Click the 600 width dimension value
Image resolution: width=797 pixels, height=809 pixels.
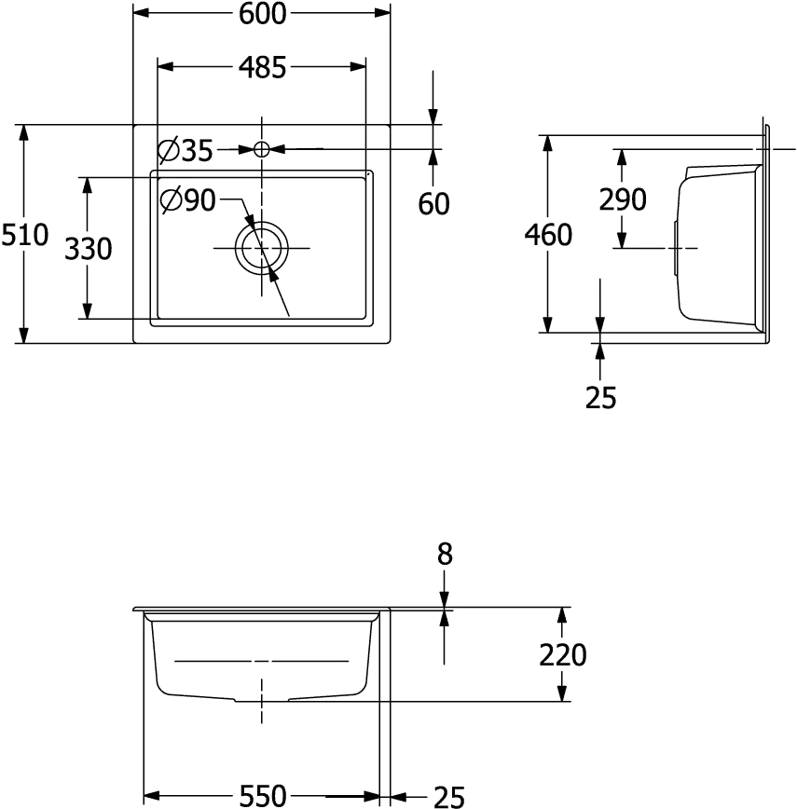[x=262, y=13]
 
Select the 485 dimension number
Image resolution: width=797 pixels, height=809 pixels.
[x=262, y=67]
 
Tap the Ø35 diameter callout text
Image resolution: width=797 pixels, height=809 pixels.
[x=186, y=150]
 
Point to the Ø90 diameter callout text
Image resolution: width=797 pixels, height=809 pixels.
[x=189, y=199]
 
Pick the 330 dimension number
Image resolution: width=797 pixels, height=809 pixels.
[x=88, y=249]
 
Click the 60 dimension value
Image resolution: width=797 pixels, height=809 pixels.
[x=433, y=203]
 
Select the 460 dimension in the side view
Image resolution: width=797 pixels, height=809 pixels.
[x=549, y=235]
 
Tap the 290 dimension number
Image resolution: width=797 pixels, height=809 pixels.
[x=623, y=199]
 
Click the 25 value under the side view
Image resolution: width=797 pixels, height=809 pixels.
[x=601, y=397]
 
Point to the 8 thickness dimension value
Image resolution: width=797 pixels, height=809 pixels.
[x=445, y=555]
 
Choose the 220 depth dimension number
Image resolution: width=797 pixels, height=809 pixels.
[x=563, y=655]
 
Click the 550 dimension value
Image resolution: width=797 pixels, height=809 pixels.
[x=264, y=796]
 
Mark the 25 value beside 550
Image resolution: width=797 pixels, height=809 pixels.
[x=447, y=796]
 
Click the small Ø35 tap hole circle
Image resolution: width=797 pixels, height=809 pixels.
[x=262, y=148]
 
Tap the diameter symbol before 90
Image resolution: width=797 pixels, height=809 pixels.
[x=171, y=199]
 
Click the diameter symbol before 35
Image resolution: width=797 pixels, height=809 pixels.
[x=169, y=150]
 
